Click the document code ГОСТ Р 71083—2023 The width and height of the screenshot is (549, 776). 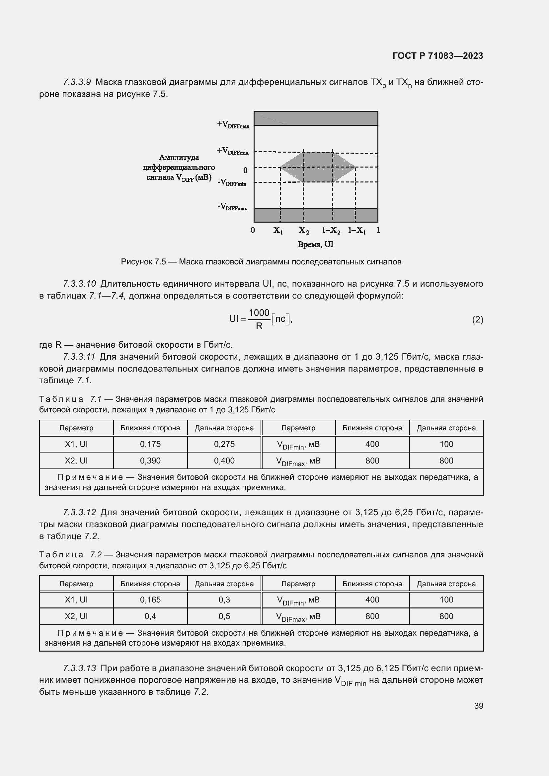tap(437, 56)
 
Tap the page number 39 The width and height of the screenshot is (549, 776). tap(478, 706)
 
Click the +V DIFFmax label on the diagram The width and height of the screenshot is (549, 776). tap(233, 125)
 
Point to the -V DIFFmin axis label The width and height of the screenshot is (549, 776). tap(232, 182)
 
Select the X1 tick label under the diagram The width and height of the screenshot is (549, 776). tap(278, 231)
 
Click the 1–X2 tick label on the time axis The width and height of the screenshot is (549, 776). tap(331, 231)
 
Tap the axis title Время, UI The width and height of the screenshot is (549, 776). tap(315, 245)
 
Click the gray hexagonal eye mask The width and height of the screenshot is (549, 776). tap(318, 167)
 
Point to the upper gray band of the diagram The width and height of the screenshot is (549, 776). tap(316, 118)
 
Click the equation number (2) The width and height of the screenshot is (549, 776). tap(477, 319)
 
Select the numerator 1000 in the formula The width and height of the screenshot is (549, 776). tap(259, 313)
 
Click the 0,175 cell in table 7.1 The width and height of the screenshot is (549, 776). tap(150, 444)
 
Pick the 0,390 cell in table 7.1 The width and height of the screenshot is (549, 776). tap(150, 461)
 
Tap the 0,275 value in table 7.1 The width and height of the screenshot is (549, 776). tap(224, 444)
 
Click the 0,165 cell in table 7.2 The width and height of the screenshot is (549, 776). tap(150, 600)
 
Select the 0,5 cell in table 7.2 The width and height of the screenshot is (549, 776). tap(224, 616)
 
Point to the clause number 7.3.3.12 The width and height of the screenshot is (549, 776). tap(79, 512)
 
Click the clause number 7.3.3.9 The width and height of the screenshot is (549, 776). tap(77, 82)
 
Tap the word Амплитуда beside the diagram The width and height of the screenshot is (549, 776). tap(179, 158)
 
